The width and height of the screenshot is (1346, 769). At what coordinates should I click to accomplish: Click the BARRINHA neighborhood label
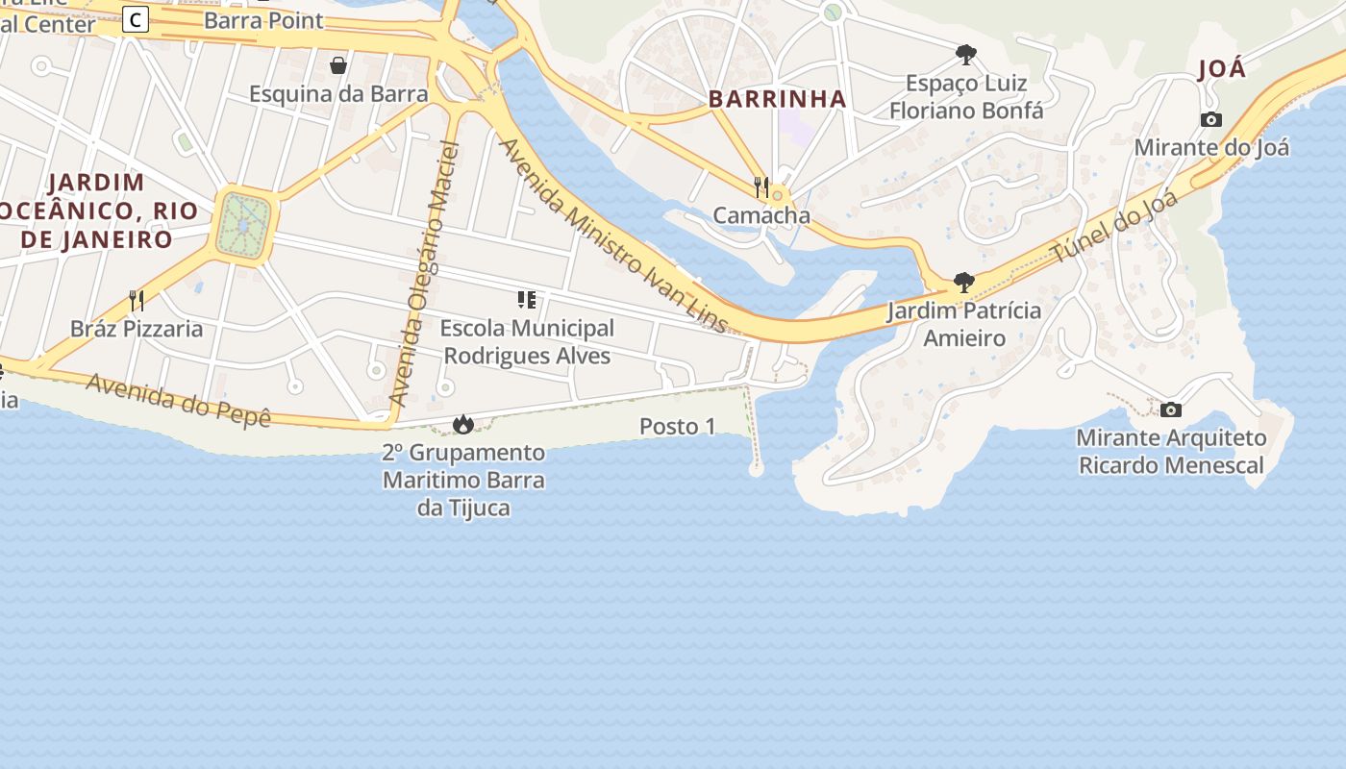point(777,99)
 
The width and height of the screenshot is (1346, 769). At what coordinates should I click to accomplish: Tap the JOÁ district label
point(1222,69)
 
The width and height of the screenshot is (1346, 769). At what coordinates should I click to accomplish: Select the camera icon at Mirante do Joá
point(1211,120)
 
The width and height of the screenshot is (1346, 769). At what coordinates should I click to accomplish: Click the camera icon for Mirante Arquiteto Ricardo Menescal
point(1170,410)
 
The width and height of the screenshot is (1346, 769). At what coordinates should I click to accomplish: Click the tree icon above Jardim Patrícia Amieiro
point(963,283)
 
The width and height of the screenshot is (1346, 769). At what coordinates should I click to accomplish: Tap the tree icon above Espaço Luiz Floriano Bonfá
point(965,55)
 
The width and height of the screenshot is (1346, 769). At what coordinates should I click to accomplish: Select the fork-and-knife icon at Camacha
point(761,187)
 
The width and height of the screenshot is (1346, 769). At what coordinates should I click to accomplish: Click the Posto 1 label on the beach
point(678,427)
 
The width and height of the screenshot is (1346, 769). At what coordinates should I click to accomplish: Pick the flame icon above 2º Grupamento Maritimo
point(463,424)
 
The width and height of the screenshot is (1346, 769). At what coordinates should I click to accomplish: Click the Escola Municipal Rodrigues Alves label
point(527,342)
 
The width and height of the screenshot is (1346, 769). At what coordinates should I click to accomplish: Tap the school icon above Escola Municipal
point(526,300)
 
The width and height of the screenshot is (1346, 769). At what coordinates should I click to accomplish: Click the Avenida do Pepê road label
point(179,400)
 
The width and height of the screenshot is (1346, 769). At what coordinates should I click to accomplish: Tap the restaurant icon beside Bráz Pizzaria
point(137,301)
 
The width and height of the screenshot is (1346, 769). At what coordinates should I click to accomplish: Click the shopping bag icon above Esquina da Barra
point(338,65)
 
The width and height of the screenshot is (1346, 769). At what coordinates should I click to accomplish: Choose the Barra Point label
point(263,20)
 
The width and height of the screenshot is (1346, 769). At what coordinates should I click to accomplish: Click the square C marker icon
point(136,18)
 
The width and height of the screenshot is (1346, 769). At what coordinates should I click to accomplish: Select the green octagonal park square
point(245,225)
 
